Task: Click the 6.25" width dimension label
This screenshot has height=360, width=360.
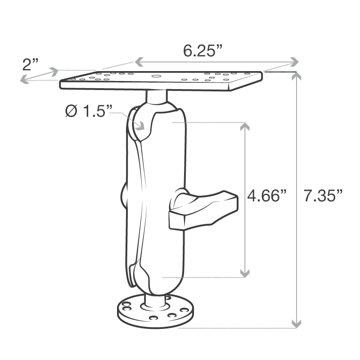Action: click(x=203, y=51)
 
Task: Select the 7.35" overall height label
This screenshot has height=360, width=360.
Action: click(x=323, y=196)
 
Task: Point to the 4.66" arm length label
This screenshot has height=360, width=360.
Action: click(x=267, y=196)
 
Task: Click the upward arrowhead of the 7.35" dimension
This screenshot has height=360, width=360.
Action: click(x=296, y=76)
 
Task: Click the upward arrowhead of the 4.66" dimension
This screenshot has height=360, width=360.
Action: click(x=244, y=127)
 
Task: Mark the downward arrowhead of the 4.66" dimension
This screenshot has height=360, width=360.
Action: click(x=244, y=272)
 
